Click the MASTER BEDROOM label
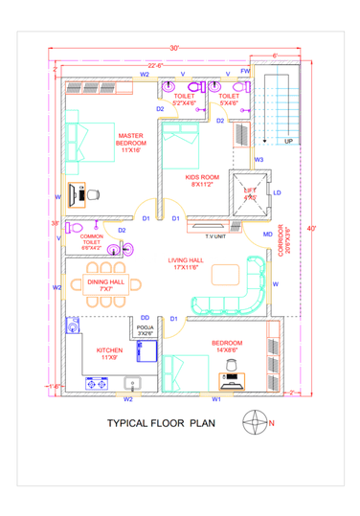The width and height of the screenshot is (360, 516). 131,143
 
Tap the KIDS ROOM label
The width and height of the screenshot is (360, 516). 201,179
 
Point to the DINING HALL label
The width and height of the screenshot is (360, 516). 106,282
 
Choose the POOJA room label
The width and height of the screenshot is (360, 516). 144,329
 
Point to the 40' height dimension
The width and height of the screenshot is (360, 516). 310,229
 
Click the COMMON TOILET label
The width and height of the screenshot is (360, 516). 91,241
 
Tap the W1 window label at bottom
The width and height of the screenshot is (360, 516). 216,398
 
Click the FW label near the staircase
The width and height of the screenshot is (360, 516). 245,72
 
